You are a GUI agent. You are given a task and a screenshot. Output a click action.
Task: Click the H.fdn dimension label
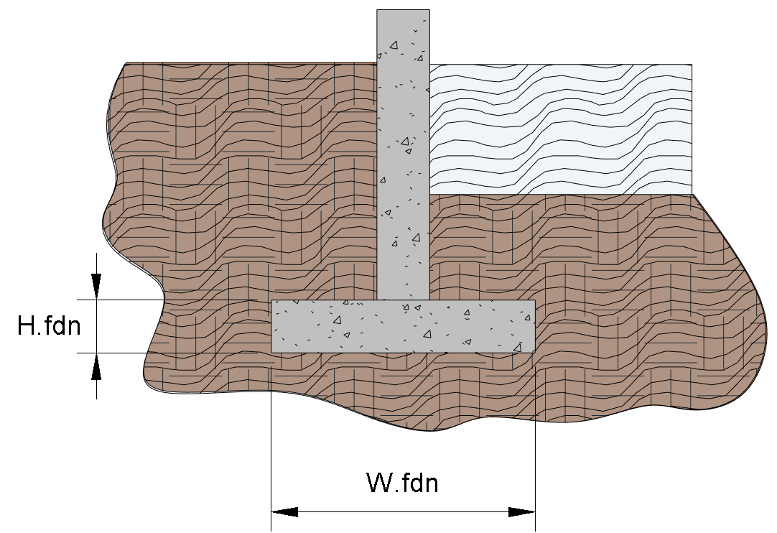tap(49, 326)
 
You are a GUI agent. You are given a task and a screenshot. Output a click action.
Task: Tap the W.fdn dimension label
tap(402, 483)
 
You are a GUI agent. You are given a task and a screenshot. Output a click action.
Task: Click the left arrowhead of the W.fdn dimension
tap(284, 512)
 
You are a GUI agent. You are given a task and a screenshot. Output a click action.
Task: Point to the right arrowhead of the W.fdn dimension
tap(522, 512)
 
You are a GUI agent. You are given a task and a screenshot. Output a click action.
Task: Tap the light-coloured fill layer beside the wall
tap(560, 129)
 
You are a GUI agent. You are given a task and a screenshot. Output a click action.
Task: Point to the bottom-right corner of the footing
tap(534, 351)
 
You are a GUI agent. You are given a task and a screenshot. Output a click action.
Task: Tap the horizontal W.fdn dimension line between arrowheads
tap(403, 512)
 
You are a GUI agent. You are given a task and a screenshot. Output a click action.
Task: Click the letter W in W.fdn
tap(378, 483)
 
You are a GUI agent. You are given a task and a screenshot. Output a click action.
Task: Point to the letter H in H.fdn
tap(26, 326)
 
